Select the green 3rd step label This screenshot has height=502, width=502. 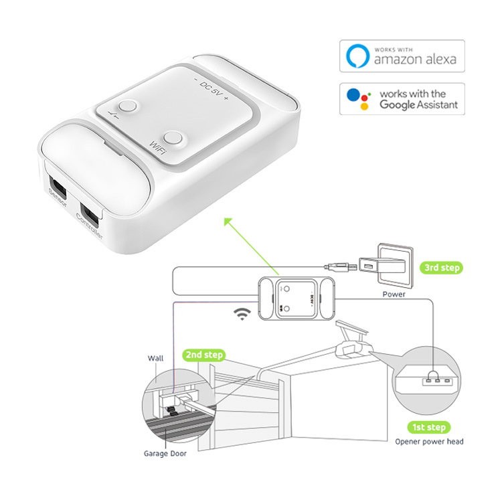coord(442,268)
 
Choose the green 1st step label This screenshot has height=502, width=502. coord(429,427)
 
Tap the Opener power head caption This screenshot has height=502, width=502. coord(429,441)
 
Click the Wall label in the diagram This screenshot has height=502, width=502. coord(155,359)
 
